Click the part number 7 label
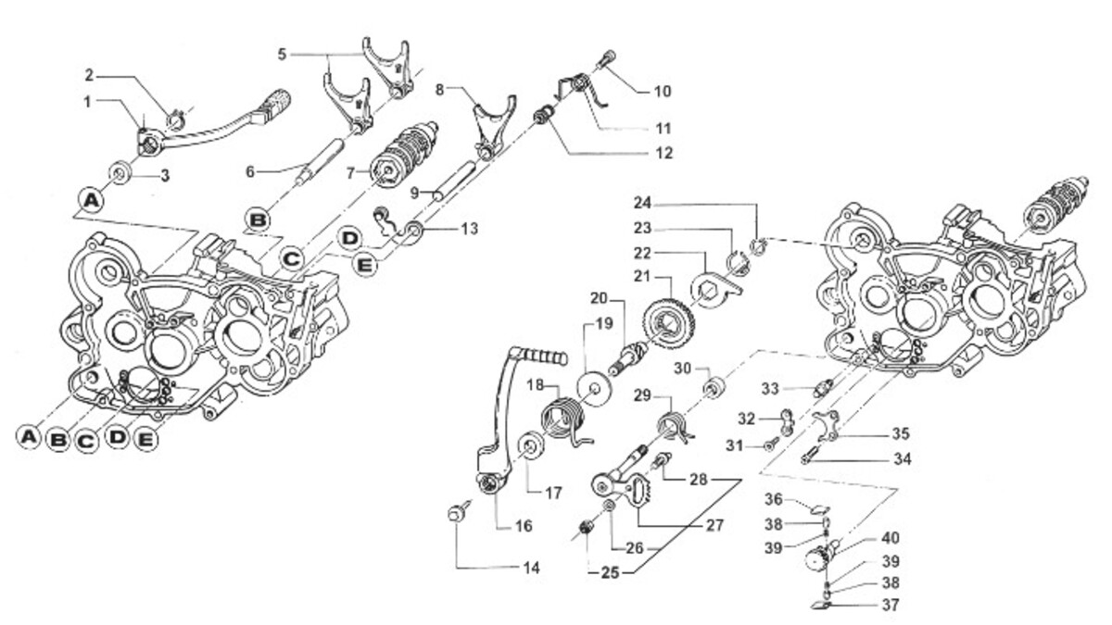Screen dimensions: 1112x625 [x=350, y=173]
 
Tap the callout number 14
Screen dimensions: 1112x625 [x=531, y=568]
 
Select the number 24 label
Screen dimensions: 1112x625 [x=642, y=203]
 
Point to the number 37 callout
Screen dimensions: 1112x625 [x=891, y=606]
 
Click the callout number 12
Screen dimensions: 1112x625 [x=663, y=153]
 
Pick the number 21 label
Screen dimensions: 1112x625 [x=642, y=276]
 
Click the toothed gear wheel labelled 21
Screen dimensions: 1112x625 [x=668, y=322]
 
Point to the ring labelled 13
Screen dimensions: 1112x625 [x=414, y=231]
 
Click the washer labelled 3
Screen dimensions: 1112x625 [x=120, y=172]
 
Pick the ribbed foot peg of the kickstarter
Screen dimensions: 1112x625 [x=544, y=356]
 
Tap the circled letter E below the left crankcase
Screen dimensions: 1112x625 [x=145, y=439]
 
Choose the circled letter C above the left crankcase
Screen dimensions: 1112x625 [x=292, y=258]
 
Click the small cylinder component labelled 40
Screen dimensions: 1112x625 [x=820, y=559]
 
